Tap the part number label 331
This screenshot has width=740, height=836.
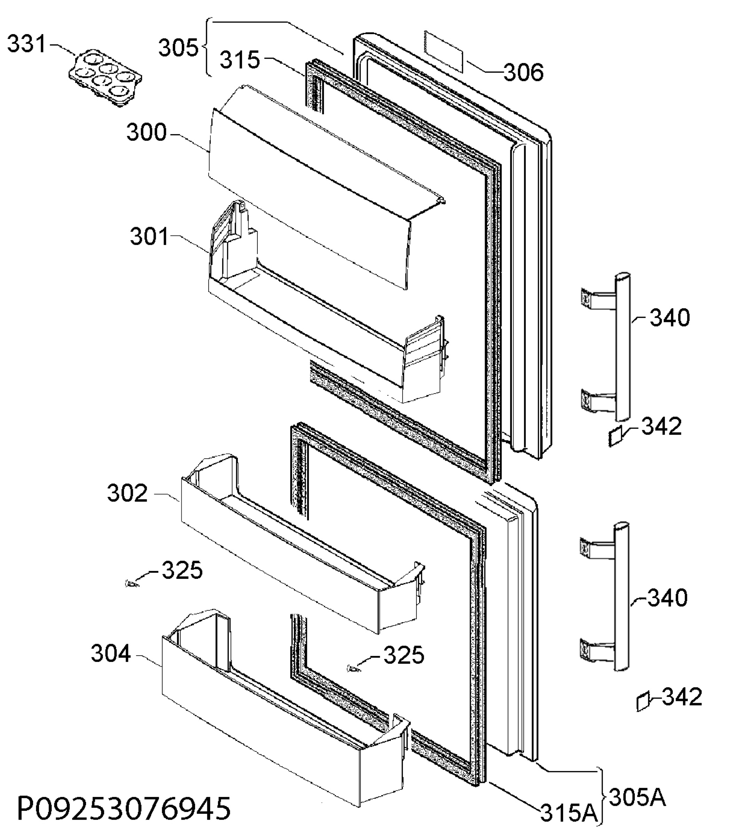tap(27, 44)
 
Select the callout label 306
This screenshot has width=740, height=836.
tap(523, 73)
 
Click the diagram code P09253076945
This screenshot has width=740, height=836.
tap(124, 808)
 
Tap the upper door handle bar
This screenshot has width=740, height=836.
tap(623, 347)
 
